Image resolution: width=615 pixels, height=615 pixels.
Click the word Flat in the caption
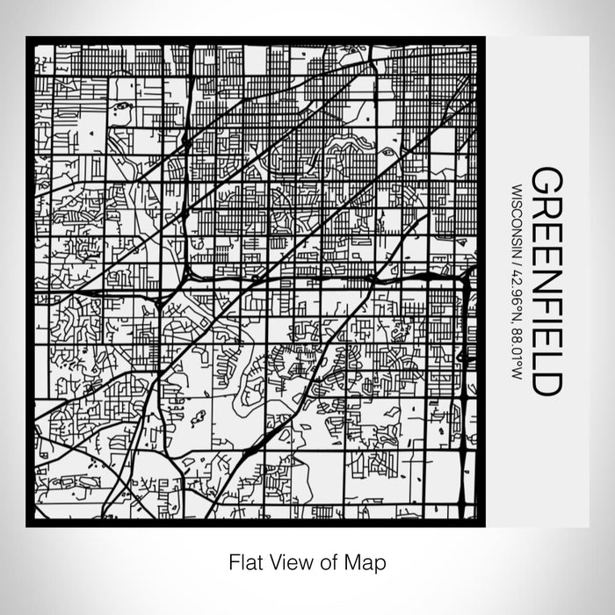pos(243,560)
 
